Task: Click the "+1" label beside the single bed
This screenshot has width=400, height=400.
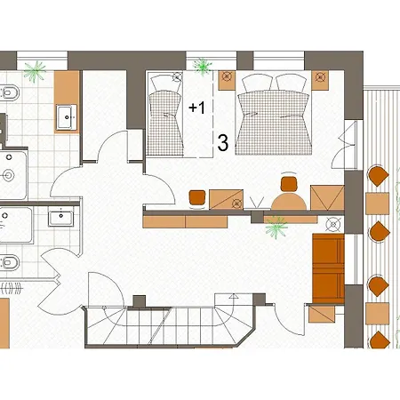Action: [x=196, y=108]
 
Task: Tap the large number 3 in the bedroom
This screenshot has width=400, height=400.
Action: [x=223, y=143]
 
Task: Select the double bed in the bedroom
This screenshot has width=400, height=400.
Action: [x=274, y=115]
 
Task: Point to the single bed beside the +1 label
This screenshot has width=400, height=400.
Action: [x=165, y=116]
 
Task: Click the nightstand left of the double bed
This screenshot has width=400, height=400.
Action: [x=227, y=80]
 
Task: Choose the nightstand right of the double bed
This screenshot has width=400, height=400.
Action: [x=320, y=80]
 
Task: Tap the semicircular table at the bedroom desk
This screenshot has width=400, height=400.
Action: [x=289, y=201]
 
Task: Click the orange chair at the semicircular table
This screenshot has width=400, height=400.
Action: [x=289, y=183]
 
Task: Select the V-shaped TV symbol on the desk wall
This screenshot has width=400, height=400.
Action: [x=257, y=203]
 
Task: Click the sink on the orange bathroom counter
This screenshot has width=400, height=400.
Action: [x=67, y=117]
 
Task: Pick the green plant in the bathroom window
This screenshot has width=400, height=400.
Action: [x=35, y=71]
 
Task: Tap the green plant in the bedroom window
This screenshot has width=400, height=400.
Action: [x=203, y=67]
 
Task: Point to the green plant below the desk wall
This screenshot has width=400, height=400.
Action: [x=276, y=227]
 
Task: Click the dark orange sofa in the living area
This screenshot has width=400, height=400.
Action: [x=329, y=268]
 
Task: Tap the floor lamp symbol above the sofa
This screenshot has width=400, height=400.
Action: [x=333, y=225]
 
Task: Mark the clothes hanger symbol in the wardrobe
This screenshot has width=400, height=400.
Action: [x=12, y=288]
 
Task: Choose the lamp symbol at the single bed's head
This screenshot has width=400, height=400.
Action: [x=177, y=77]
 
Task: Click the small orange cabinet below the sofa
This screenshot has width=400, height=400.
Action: [x=322, y=314]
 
